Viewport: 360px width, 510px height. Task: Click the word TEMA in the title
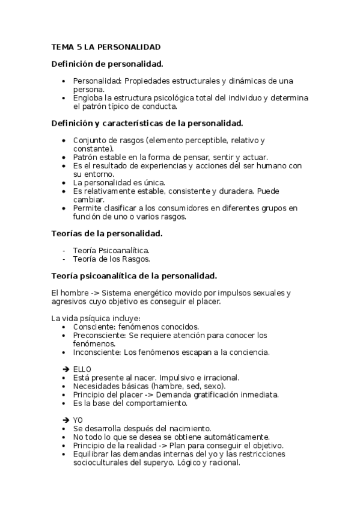coord(61,46)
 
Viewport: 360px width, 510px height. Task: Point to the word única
coord(153,182)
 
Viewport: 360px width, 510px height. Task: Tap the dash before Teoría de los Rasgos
coord(64,259)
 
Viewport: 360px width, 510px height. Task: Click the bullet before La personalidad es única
coord(64,182)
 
